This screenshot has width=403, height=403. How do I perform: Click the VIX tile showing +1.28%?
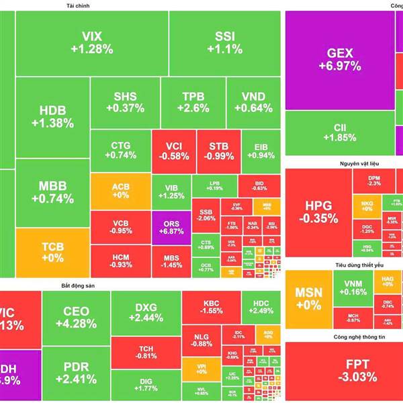(x=92, y=42)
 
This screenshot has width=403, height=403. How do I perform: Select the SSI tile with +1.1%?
(x=224, y=42)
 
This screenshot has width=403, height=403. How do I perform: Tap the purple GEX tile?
(x=339, y=59)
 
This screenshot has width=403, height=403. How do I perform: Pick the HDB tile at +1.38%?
(x=52, y=116)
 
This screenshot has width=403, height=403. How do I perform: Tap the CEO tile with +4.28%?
(x=75, y=317)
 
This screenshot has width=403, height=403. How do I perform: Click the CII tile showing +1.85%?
(x=339, y=132)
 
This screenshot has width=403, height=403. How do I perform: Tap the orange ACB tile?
(x=120, y=191)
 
